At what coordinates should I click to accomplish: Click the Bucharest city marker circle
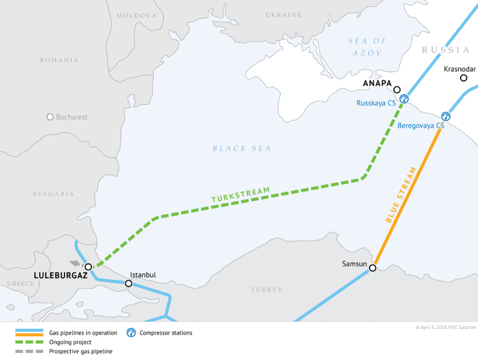50,117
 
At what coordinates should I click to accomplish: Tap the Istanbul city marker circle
129,284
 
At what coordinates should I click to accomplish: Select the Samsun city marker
373,268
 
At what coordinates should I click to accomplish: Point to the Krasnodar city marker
464,78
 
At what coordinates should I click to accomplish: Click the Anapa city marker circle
397,90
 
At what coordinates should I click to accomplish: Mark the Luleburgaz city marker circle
89,267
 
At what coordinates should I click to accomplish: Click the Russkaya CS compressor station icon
404,99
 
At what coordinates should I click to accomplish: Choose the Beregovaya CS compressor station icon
445,116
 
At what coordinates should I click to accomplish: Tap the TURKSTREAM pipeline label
241,196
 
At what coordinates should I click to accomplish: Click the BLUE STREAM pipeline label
402,194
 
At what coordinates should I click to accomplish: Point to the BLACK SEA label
242,148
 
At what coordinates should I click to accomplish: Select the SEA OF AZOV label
366,47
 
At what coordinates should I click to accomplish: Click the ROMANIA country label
59,61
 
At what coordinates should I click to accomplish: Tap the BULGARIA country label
54,194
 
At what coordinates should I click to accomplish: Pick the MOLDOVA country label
136,15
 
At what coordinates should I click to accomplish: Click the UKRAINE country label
283,15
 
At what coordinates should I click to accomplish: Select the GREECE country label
21,284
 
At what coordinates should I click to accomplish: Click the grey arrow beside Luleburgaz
75,263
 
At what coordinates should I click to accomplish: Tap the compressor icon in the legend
131,333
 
